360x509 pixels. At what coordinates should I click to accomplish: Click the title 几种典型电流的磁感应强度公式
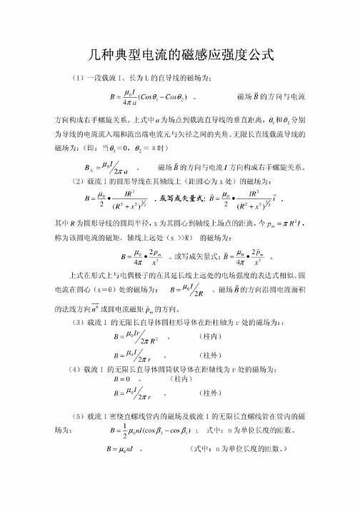click(x=180, y=53)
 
